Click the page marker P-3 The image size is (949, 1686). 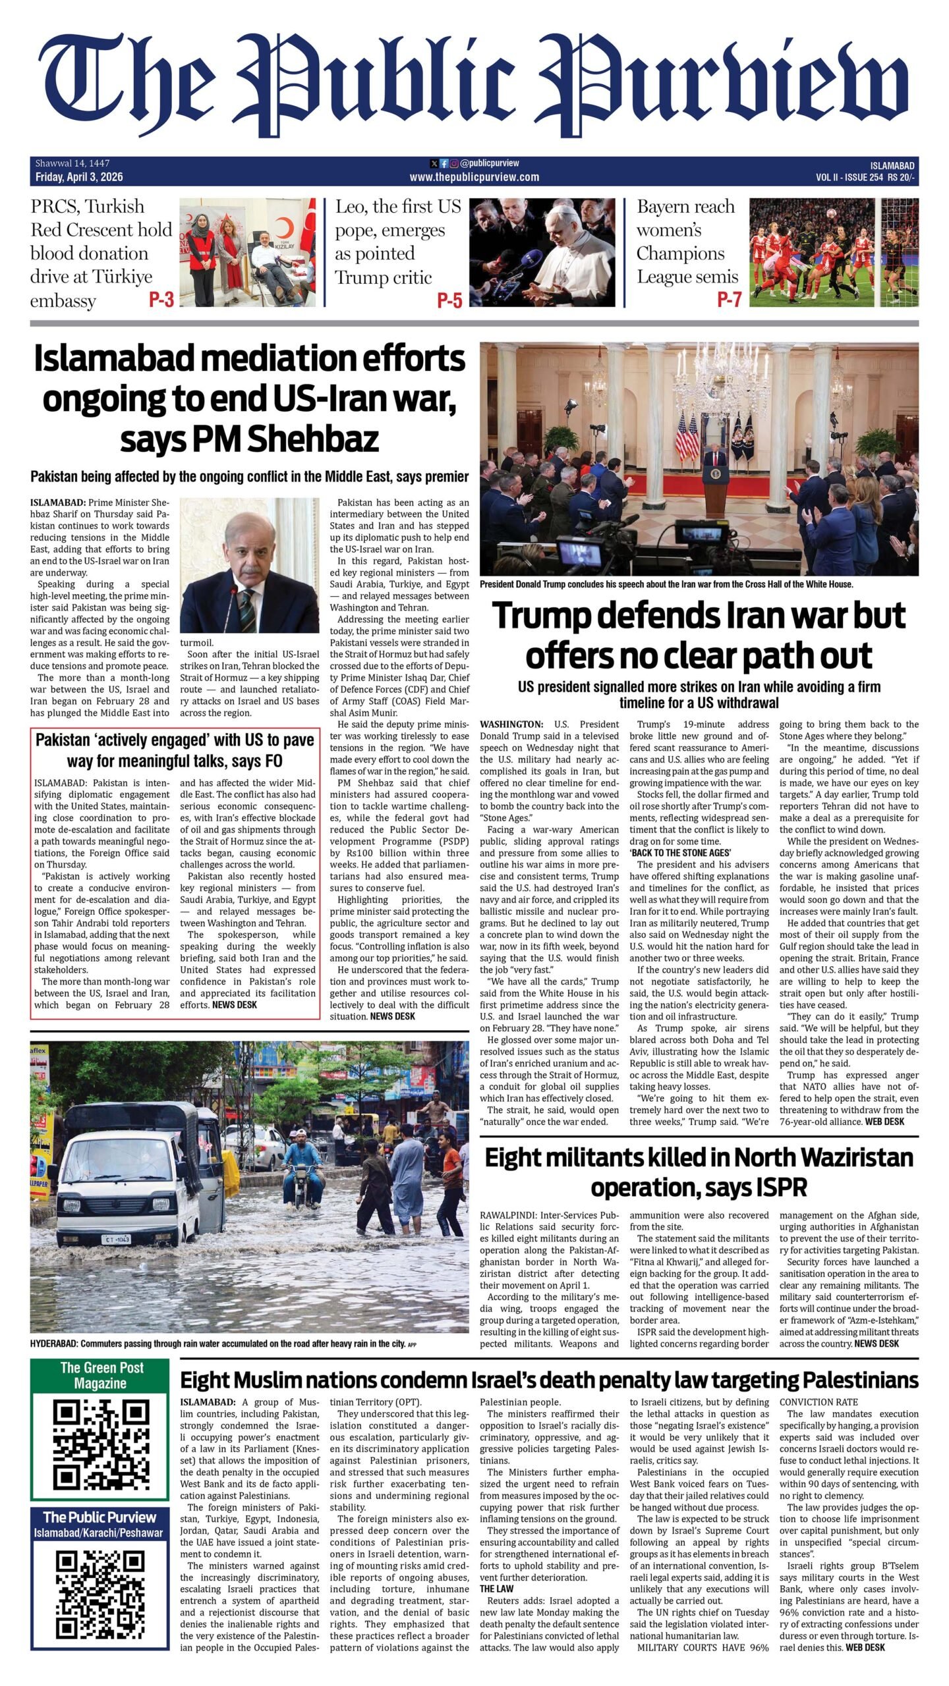pos(161,300)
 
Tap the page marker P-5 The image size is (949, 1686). pos(450,300)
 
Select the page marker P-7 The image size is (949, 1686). pos(730,300)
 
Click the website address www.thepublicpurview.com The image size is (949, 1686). pos(474,177)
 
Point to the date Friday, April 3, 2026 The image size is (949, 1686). pos(79,177)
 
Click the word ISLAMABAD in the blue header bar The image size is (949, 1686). pos(892,165)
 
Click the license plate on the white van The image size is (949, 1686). pos(117,1239)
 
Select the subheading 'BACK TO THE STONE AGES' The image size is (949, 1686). pos(681,853)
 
